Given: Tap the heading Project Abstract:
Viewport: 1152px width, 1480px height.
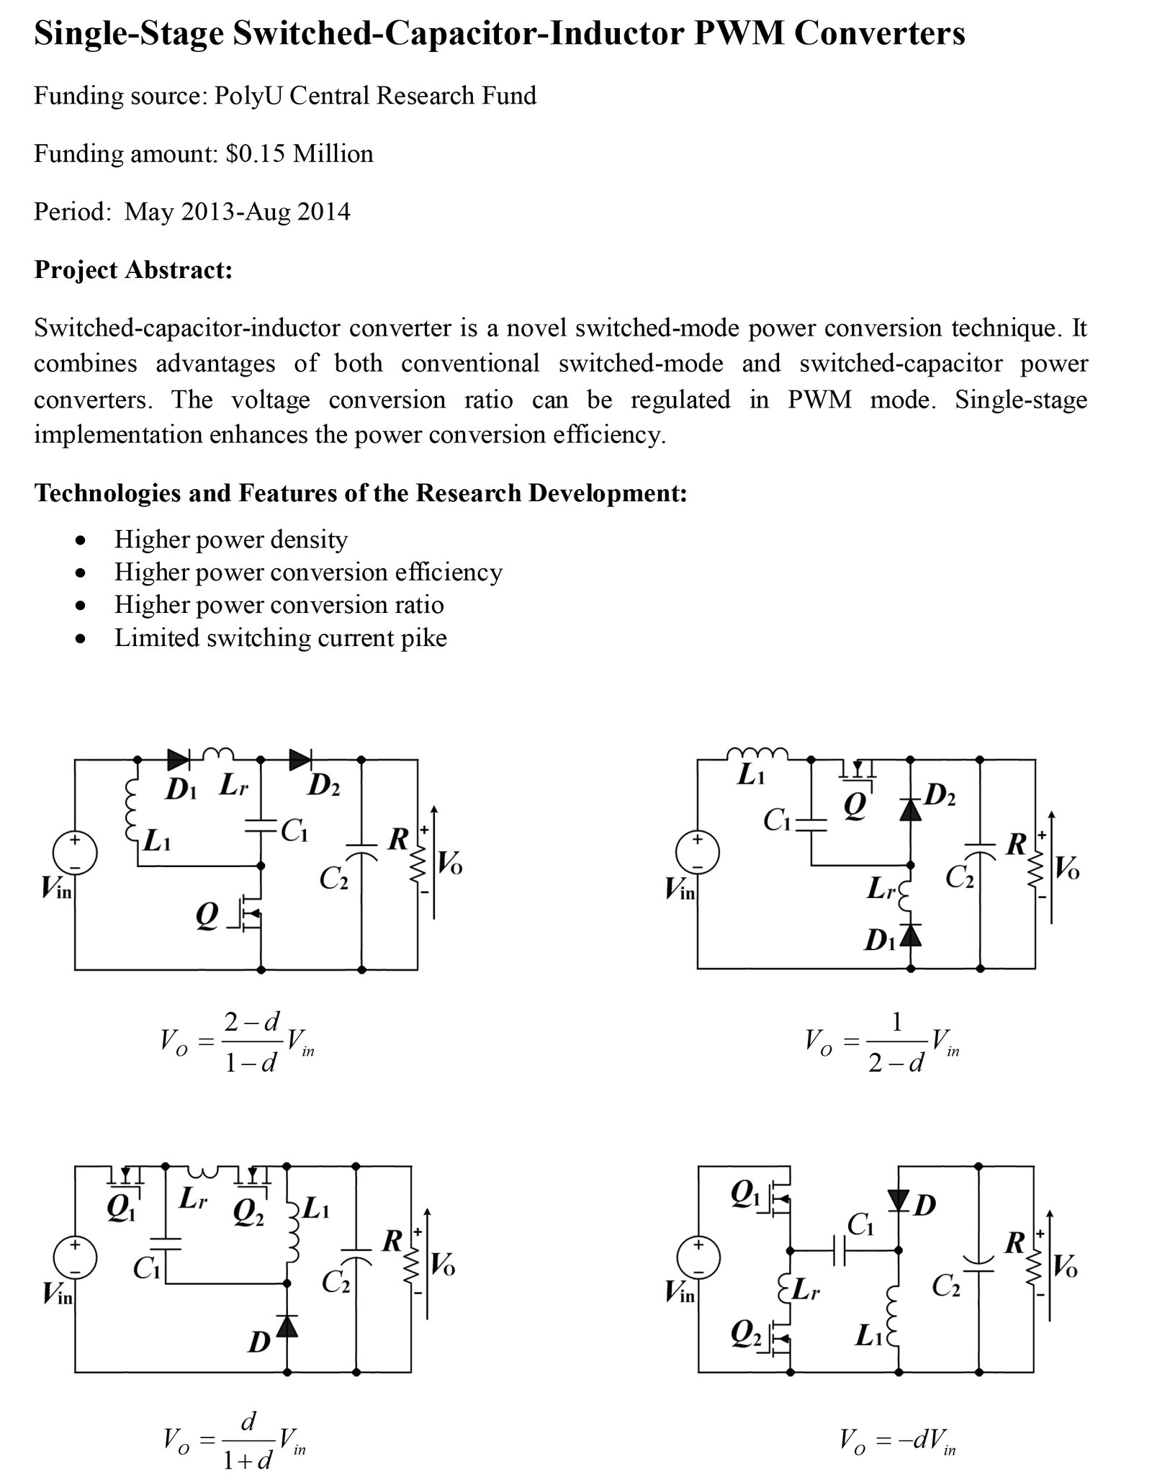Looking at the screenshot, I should click(x=133, y=269).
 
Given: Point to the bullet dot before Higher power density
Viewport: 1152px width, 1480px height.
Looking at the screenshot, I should click(x=83, y=539).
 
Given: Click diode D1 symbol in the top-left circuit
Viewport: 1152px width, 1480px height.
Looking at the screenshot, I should click(x=178, y=757).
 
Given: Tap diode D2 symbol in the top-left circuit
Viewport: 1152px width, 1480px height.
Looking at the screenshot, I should click(x=300, y=757).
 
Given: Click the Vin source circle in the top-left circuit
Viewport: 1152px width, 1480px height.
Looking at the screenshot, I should click(x=75, y=853).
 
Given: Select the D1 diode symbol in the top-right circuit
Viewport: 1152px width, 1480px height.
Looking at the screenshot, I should click(x=912, y=934).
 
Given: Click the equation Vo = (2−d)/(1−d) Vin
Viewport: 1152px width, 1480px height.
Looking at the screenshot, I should click(x=238, y=1042).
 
